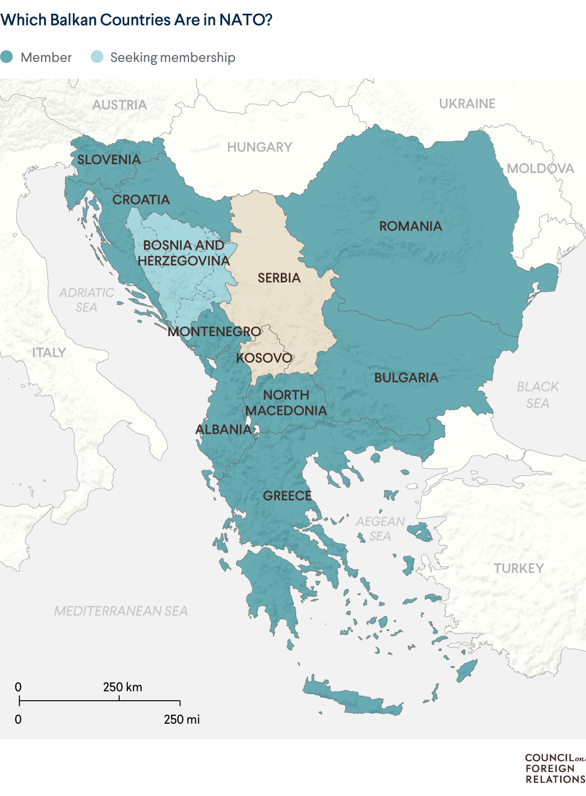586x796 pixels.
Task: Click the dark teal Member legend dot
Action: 6,57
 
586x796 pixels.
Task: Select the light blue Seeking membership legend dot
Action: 97,57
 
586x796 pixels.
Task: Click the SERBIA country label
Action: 279,278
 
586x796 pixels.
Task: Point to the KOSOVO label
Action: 264,358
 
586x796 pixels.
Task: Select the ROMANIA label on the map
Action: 410,226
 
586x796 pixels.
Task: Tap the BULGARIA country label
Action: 406,378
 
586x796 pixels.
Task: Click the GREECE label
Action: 287,496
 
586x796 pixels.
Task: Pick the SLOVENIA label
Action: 109,160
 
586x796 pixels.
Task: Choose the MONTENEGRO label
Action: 214,332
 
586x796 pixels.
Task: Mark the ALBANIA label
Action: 223,430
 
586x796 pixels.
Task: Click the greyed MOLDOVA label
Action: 540,169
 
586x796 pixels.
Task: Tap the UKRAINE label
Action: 467,104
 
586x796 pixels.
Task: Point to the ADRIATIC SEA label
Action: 86,300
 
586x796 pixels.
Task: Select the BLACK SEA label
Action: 538,395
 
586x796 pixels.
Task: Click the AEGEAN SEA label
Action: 380,529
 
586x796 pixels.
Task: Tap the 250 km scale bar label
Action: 123,687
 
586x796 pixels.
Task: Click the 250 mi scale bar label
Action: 182,719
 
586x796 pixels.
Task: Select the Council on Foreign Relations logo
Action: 554,768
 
